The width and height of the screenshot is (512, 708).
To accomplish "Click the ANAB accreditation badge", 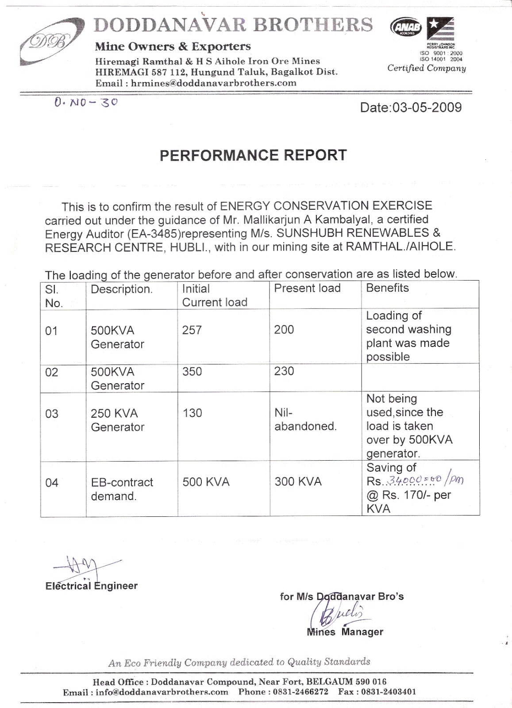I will (x=405, y=28).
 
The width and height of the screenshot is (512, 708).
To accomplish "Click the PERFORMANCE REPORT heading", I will (x=253, y=155).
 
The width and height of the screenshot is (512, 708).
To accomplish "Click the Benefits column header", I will (x=387, y=288).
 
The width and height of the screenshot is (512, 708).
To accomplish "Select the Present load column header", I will (x=307, y=289).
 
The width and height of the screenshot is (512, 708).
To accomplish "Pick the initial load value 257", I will (x=192, y=330).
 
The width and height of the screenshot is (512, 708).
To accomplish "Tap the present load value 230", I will (x=284, y=371).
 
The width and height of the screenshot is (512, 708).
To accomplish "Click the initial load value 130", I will (x=192, y=413).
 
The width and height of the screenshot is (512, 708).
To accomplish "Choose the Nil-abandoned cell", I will (x=305, y=419).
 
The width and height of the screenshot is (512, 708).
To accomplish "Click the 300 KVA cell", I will (x=298, y=482).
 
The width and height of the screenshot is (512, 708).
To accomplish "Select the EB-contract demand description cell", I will (x=122, y=489).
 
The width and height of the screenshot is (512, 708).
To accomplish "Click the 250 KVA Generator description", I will (x=117, y=420).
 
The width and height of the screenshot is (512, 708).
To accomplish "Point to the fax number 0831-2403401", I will (x=389, y=692).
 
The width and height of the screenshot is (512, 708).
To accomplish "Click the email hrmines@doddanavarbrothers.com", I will (x=213, y=83).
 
